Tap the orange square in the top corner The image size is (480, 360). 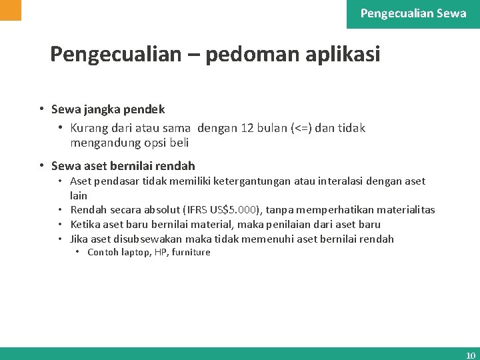(11, 10)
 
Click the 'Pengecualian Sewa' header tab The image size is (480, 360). (413, 13)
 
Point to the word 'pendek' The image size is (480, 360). (143, 109)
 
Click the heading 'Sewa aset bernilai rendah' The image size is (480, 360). (123, 166)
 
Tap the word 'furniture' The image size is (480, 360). (191, 252)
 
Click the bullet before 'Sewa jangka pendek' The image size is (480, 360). (41, 109)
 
